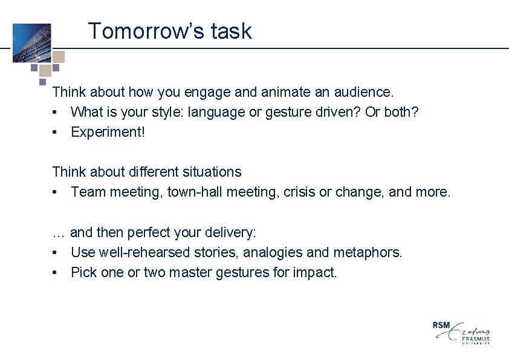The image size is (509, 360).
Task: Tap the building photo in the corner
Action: coord(31,42)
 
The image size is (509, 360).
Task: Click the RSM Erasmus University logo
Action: coord(461,332)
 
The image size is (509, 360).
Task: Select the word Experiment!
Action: coord(108,132)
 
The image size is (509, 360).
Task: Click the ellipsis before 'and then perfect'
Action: coord(59,233)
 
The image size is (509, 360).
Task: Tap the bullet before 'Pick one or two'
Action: coord(55,273)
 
